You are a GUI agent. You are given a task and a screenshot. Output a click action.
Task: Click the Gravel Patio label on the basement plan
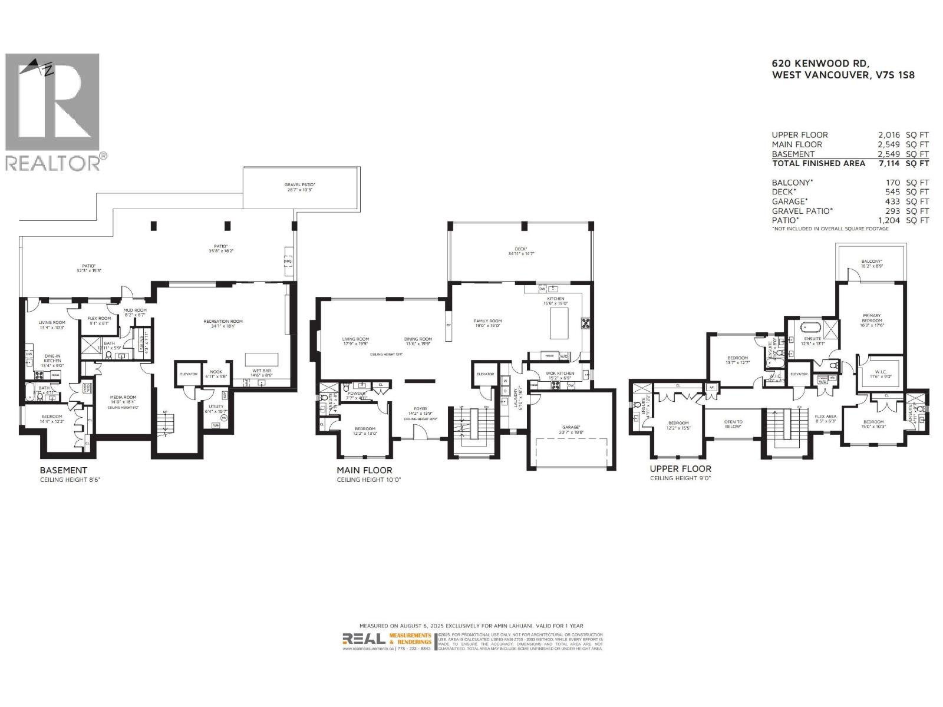click(x=299, y=184)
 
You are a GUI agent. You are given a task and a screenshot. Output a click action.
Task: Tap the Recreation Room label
click(x=223, y=322)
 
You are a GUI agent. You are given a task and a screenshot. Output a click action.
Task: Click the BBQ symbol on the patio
click(x=288, y=260)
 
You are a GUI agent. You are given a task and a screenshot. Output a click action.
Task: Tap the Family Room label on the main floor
click(x=487, y=322)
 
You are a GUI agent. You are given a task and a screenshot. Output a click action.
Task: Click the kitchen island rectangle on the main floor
click(x=559, y=323)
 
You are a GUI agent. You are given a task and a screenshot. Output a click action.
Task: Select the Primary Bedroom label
click(x=872, y=318)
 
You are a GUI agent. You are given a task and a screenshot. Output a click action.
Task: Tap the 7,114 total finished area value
click(x=888, y=163)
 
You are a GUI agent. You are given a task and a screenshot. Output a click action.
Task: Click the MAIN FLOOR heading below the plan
click(x=364, y=470)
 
